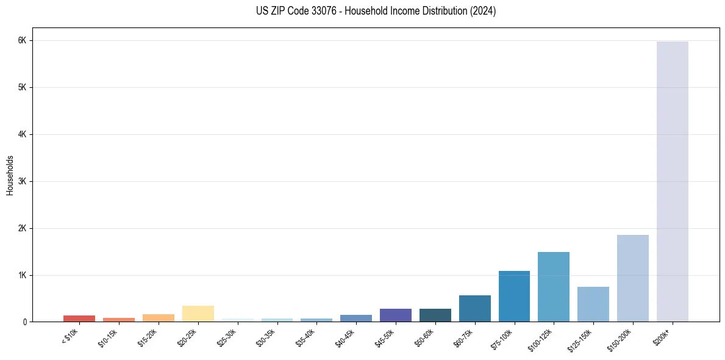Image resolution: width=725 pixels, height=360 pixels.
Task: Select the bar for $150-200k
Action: pyautogui.click(x=632, y=278)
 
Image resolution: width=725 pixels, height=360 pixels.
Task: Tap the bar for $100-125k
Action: pyautogui.click(x=554, y=287)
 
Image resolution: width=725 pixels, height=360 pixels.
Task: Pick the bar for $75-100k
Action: pyautogui.click(x=514, y=297)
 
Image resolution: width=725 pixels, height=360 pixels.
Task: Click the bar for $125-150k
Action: pyautogui.click(x=593, y=304)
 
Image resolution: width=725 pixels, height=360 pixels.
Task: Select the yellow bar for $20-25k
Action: pyautogui.click(x=198, y=314)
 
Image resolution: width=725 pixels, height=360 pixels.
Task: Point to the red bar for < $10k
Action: pyautogui.click(x=79, y=319)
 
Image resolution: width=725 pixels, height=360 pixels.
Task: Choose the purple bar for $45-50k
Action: pyautogui.click(x=395, y=315)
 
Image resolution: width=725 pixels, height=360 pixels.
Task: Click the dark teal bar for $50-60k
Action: pyautogui.click(x=435, y=315)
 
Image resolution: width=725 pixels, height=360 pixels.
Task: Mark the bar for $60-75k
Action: pyautogui.click(x=474, y=309)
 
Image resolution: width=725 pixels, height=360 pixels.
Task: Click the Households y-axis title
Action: pyautogui.click(x=10, y=175)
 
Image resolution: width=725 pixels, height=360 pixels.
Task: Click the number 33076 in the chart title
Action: pyautogui.click(x=321, y=11)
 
